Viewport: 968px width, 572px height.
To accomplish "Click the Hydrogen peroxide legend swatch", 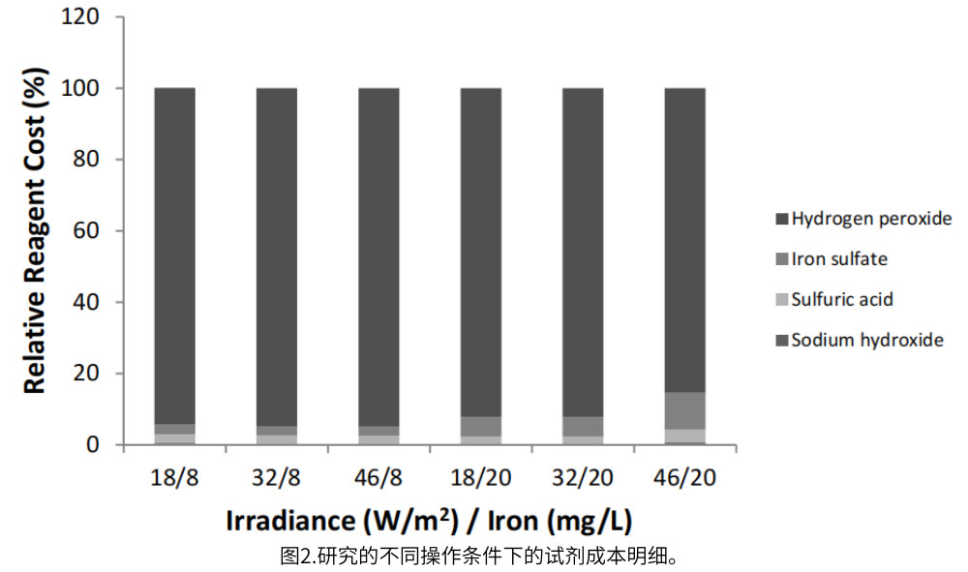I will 782,219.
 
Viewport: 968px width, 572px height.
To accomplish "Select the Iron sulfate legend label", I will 838,259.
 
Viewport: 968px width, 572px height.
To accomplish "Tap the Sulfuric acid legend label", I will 841,299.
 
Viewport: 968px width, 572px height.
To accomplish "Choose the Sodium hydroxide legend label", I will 866,340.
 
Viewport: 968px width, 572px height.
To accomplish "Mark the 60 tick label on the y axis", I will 97,231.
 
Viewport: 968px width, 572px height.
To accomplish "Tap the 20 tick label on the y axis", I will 97,374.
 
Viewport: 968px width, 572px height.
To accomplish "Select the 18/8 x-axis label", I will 174,477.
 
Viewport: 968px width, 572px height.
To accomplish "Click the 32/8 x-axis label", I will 277,477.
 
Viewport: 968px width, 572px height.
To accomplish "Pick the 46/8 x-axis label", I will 378,477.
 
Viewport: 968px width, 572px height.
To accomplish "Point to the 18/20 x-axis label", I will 481,477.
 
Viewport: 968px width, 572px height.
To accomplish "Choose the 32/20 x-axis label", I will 583,477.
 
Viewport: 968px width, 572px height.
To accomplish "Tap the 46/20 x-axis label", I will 684,477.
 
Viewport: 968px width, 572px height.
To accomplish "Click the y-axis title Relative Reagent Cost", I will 36,230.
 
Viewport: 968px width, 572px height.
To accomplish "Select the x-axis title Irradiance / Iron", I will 429,521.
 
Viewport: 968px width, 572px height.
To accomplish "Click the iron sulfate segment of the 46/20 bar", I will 684,410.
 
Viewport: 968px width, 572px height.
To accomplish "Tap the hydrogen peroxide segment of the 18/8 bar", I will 174,252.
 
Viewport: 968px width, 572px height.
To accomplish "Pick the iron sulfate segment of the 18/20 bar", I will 481,426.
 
